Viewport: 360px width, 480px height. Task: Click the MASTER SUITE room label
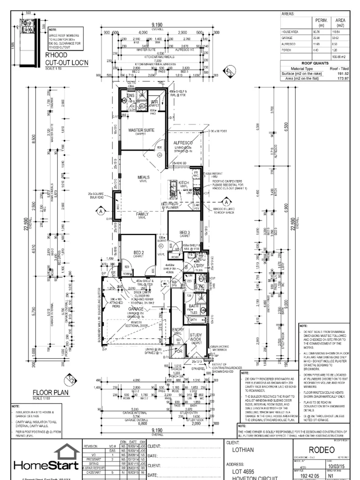click(141, 130)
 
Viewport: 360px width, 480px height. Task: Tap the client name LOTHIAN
click(244, 449)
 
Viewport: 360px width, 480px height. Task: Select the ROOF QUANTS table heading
click(315, 64)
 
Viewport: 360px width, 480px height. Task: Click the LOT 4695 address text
click(245, 472)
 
